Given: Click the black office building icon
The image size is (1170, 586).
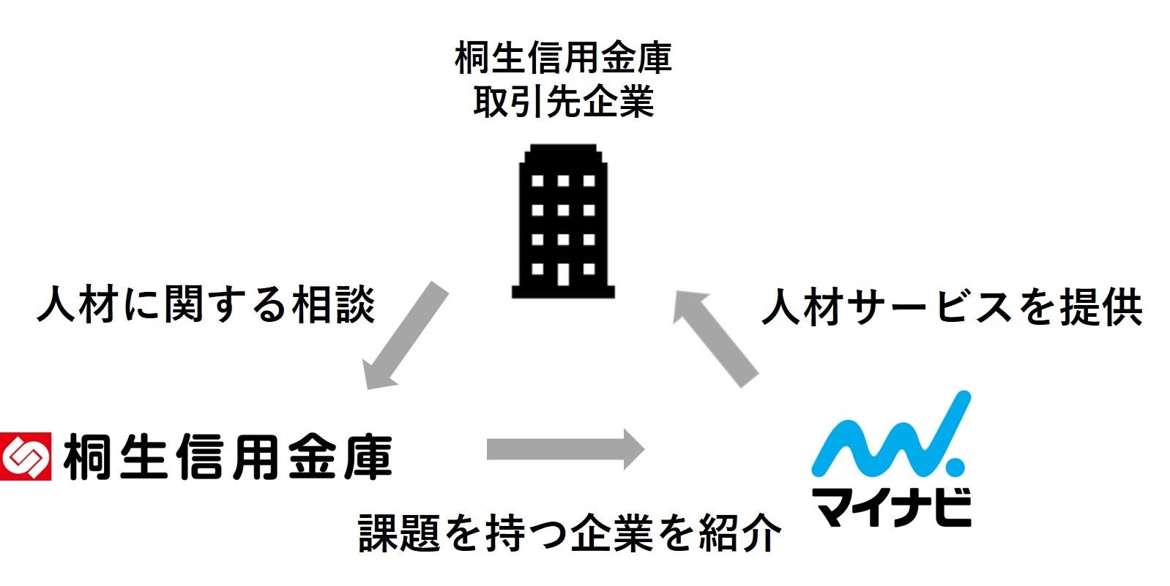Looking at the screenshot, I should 562,219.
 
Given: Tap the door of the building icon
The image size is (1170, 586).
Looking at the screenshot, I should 562,273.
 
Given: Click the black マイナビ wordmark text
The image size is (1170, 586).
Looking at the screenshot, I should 891,505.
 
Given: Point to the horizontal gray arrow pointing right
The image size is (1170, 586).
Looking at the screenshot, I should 564,448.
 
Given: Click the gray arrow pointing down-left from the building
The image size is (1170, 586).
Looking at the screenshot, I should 405,335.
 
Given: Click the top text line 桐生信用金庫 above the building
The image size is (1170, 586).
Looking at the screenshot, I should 562,59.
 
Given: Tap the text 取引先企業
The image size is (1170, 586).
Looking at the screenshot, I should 562,101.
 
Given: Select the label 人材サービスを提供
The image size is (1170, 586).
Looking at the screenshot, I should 951,307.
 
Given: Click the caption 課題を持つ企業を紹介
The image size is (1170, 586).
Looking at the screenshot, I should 570,532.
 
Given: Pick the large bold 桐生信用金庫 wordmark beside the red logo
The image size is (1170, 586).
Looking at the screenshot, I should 228,457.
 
